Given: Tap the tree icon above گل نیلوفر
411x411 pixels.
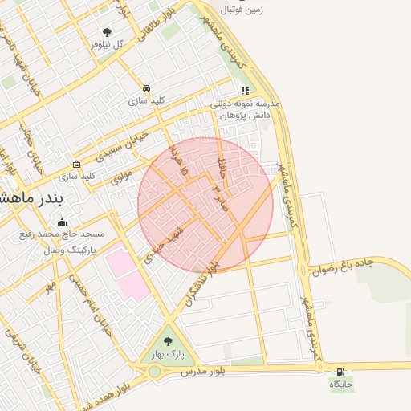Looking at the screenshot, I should pos(108,32).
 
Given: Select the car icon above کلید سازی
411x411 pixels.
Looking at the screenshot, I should pos(146,88).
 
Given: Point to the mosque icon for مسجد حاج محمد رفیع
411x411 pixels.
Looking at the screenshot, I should pos(62,222).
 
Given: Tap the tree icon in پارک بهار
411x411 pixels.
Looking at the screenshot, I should pos(168,341).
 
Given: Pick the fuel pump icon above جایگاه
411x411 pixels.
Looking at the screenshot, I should pos(342,372).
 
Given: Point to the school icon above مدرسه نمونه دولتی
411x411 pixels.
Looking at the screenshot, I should pos(245,92).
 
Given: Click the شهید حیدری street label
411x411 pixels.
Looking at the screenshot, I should pos(165,243).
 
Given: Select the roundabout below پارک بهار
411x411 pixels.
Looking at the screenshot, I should pos(154,372).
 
